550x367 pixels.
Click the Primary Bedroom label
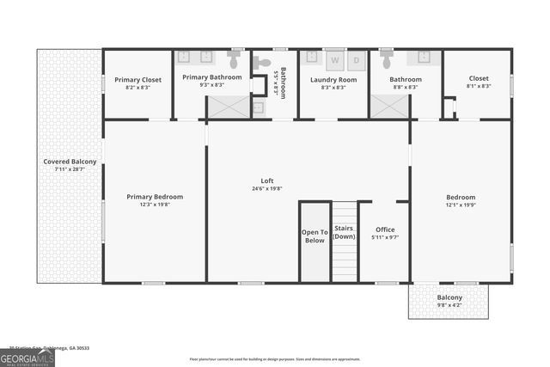(155, 197)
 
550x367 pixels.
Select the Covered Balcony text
(70, 162)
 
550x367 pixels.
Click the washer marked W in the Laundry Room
(335, 60)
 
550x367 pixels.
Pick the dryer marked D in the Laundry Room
(356, 60)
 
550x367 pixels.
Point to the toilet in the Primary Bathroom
(234, 61)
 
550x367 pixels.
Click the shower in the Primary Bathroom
(228, 107)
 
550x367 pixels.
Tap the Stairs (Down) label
(345, 233)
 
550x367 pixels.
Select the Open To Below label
(315, 235)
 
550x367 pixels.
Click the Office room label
(386, 229)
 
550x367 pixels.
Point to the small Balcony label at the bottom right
(449, 298)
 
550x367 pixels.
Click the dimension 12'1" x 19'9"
(460, 205)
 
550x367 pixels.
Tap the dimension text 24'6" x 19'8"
(266, 188)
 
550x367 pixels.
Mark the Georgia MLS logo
(27, 358)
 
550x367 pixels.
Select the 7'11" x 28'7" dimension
(70, 169)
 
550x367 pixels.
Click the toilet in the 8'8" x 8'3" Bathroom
(387, 61)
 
